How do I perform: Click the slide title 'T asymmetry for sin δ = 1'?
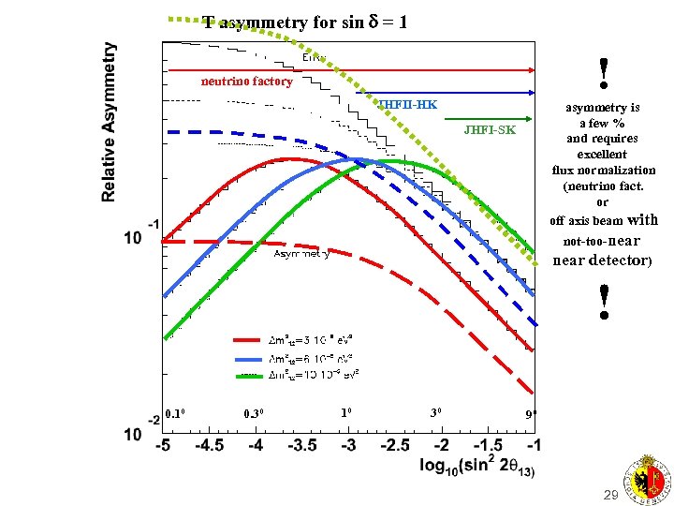305,22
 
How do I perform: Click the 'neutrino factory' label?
247,82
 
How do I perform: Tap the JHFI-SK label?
489,129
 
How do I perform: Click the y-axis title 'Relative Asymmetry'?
110,121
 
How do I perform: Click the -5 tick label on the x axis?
163,445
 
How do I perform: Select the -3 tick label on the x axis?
348,445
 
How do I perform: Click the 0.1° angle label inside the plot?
176,412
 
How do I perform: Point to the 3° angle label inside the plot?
435,412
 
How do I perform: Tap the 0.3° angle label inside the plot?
255,413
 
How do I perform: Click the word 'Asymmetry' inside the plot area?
300,254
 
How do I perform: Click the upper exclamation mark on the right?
604,69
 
